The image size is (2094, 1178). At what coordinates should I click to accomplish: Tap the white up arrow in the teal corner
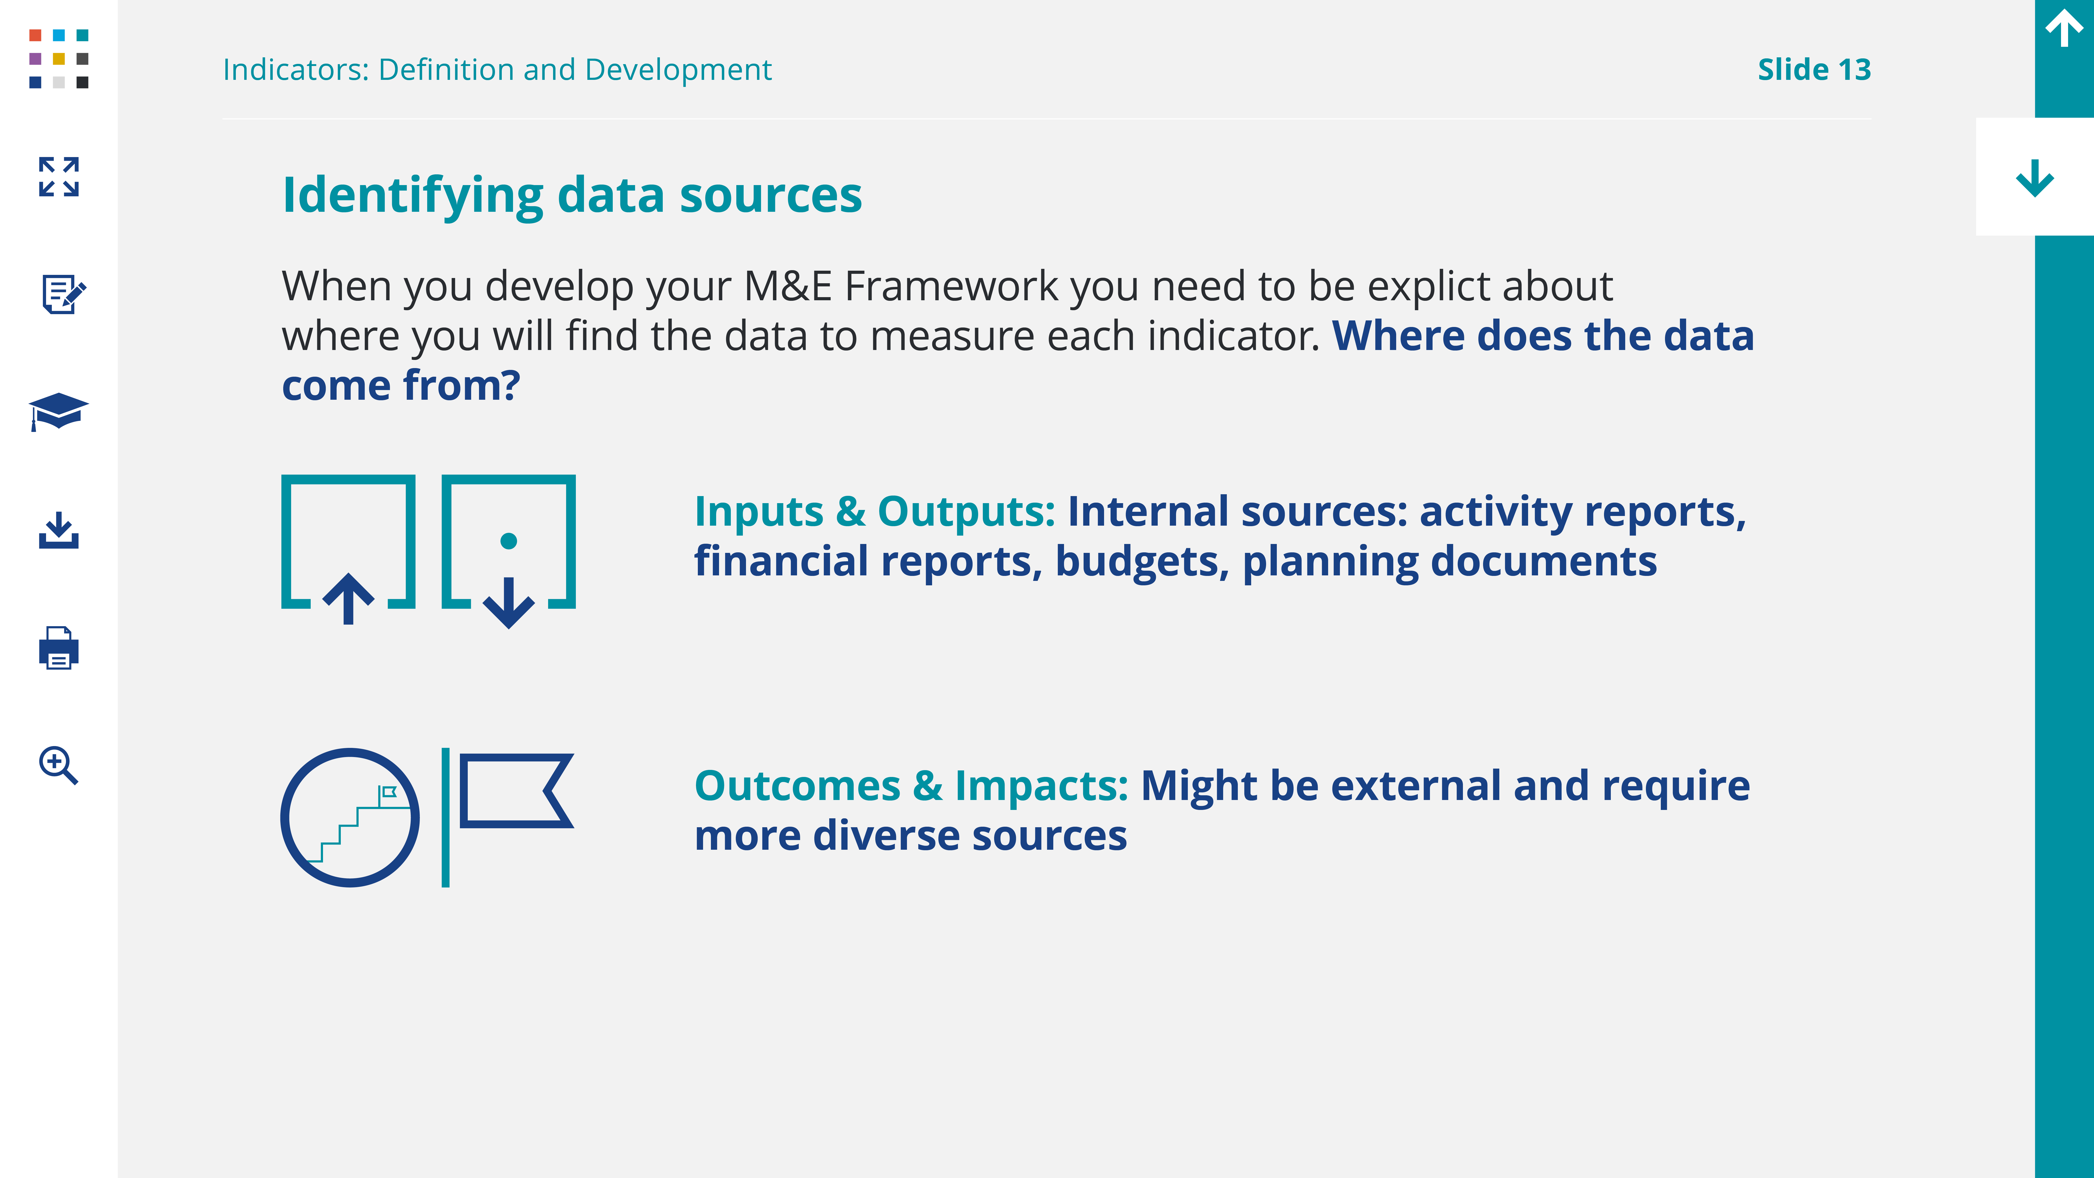pyautogui.click(x=2064, y=29)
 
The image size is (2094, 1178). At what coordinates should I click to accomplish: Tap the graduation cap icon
pyautogui.click(x=59, y=411)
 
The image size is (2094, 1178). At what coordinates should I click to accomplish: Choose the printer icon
pyautogui.click(x=59, y=648)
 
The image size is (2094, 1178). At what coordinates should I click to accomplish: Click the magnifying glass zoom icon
pyautogui.click(x=59, y=765)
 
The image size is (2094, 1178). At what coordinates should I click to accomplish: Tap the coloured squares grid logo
pyautogui.click(x=59, y=59)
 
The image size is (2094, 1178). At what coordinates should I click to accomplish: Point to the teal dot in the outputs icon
pyautogui.click(x=509, y=541)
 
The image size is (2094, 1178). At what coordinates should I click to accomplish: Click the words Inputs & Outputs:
pyautogui.click(x=875, y=512)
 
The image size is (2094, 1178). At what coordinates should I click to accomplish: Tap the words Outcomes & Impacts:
pyautogui.click(x=911, y=786)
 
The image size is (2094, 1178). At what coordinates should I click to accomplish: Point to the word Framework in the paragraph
pyautogui.click(x=951, y=286)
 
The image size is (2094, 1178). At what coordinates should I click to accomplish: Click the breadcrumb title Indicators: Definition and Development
pyautogui.click(x=498, y=70)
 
